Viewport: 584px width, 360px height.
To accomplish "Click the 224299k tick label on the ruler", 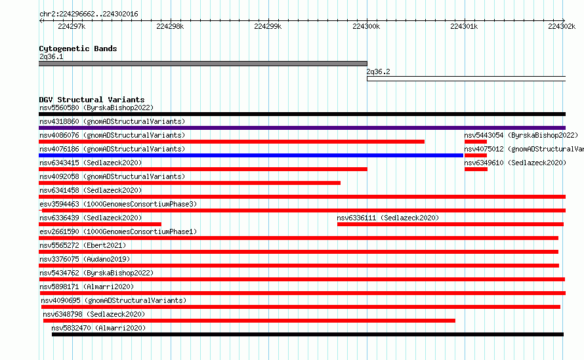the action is coord(268,26).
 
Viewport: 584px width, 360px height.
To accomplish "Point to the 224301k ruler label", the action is coord(464,26).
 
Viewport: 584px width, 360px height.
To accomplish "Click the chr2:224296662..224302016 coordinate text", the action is coord(89,14).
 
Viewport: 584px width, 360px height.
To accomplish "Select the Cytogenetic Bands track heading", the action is coord(78,49).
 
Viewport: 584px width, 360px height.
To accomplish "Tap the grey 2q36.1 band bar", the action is coord(203,64).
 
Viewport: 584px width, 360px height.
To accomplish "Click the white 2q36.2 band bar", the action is coord(467,79).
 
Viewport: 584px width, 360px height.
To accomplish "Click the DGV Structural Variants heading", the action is coord(92,100).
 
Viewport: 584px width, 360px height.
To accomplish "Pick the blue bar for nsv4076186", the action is coord(251,155).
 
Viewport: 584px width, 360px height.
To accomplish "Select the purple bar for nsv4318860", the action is coord(302,128).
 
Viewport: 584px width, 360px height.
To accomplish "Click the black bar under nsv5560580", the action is coord(302,114).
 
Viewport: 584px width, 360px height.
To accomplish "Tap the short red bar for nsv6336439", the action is coord(100,224).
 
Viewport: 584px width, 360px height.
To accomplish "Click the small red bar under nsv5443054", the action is coord(476,142).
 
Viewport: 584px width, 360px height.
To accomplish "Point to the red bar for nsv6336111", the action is coord(450,224).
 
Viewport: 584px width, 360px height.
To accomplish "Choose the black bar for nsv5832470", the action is coord(308,334).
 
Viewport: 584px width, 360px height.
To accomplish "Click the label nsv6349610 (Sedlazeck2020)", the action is coord(515,163).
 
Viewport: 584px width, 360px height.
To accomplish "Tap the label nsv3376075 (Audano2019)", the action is coord(85,259).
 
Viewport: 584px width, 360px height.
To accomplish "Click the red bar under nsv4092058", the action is coord(190,183).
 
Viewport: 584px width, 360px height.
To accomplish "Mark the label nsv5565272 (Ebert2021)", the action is coord(83,245).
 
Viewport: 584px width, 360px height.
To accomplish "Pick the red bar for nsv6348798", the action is coord(249,321).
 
